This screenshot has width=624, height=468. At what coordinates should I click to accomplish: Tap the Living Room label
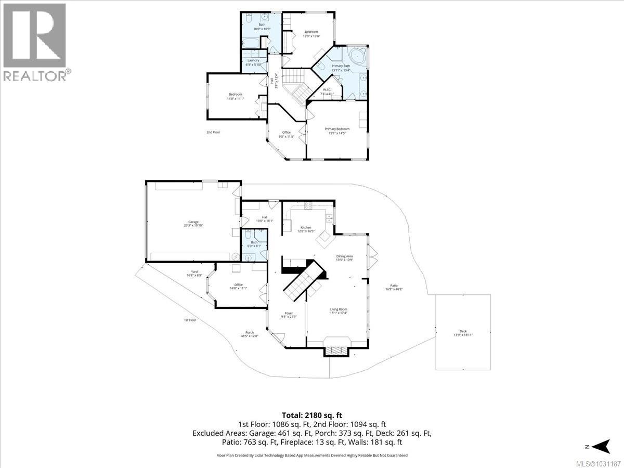[x=338, y=311]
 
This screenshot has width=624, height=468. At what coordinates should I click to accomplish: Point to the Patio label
[x=394, y=288]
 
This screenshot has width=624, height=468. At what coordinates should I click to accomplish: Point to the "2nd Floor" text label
[x=213, y=132]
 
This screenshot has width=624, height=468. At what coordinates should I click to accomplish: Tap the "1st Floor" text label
[x=190, y=320]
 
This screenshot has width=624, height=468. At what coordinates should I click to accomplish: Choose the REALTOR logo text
[x=35, y=76]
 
